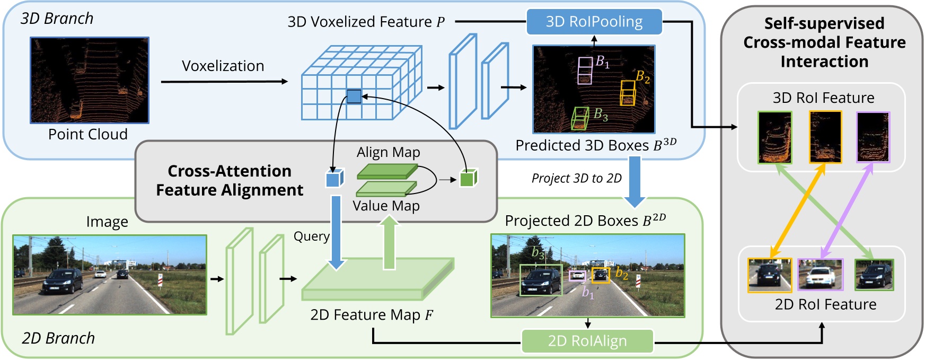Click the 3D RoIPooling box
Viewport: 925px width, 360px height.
pos(594,22)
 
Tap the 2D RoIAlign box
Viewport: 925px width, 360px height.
pos(587,341)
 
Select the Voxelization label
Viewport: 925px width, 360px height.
pos(223,66)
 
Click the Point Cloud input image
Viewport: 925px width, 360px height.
pos(90,80)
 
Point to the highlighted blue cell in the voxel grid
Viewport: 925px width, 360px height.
pos(354,96)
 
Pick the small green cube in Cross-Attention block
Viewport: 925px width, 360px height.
pos(468,178)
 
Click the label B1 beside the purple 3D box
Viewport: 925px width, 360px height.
pos(603,62)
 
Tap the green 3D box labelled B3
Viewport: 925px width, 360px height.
pos(580,118)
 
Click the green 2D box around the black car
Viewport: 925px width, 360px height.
pos(541,280)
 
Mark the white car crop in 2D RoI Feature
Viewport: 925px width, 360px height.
pos(820,275)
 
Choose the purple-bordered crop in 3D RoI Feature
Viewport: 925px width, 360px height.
pos(873,137)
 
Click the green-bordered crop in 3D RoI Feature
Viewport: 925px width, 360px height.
pos(774,137)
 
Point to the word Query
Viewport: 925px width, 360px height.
pos(312,236)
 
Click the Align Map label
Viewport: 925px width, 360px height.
pos(388,152)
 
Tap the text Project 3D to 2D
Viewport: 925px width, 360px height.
pos(576,178)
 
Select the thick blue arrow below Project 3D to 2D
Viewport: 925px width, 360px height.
pos(634,182)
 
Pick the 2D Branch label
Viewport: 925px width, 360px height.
pos(58,338)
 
